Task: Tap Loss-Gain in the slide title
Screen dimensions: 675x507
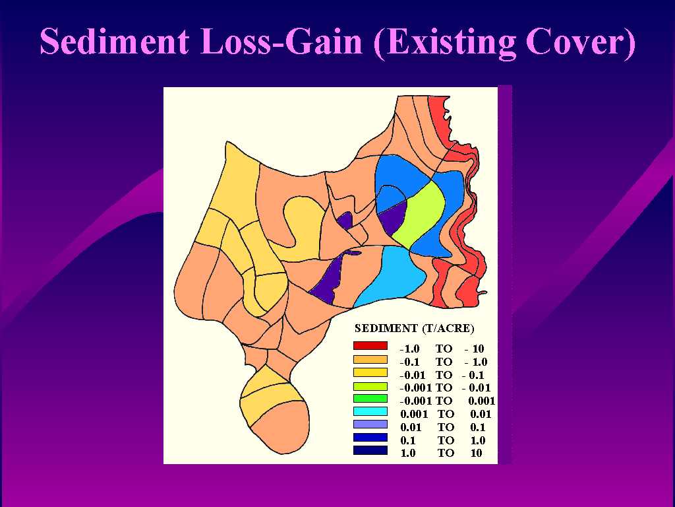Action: click(281, 42)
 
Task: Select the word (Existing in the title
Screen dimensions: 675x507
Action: click(444, 42)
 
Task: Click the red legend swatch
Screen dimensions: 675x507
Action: click(370, 346)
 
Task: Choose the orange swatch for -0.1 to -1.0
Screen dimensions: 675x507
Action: click(370, 359)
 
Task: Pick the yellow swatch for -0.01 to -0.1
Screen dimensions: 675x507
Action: click(370, 372)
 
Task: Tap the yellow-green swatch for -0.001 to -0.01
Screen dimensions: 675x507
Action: click(370, 386)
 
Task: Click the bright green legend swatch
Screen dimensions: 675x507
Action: click(370, 398)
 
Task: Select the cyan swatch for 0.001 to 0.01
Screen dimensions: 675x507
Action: click(370, 411)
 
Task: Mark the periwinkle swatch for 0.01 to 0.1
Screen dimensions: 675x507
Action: click(370, 424)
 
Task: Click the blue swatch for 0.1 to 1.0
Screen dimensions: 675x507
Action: click(370, 437)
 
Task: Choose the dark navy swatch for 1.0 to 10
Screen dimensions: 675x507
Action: click(370, 450)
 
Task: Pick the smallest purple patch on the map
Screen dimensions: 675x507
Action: click(345, 220)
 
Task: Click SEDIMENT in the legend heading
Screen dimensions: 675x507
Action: click(386, 329)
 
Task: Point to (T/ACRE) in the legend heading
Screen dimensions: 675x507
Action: click(448, 329)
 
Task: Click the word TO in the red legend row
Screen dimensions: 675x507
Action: click(444, 349)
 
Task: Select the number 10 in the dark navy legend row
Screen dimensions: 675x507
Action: click(476, 453)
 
